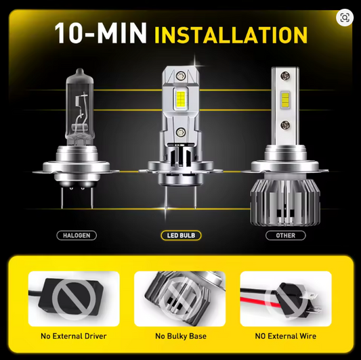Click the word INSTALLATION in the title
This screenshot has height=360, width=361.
[x=232, y=34]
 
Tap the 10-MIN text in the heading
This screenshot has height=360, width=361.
[x=102, y=34]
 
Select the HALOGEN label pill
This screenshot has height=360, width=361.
[x=76, y=235]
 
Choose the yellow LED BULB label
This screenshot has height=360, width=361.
[x=180, y=235]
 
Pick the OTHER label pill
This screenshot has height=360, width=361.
[x=286, y=235]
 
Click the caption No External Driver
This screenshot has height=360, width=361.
[x=73, y=336]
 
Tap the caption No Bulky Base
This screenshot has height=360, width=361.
[x=180, y=336]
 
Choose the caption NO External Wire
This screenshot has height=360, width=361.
[x=286, y=336]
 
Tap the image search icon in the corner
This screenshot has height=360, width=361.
[x=345, y=18]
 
